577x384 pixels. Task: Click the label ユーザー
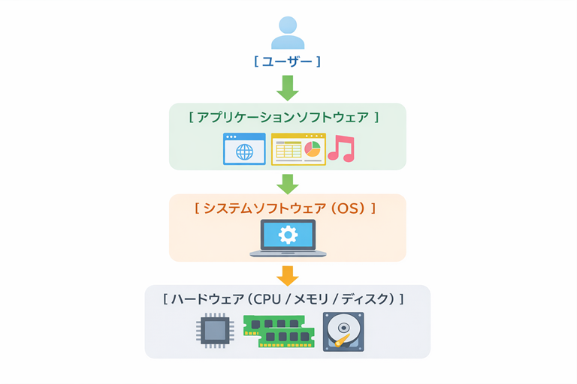(x=288, y=61)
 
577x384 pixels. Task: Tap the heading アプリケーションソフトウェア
(x=283, y=118)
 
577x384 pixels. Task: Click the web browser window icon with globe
(x=244, y=148)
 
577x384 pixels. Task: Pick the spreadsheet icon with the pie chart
(x=298, y=148)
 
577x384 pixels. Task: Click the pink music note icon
(x=341, y=148)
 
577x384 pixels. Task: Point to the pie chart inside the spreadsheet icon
(x=312, y=147)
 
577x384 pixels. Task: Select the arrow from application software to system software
(x=288, y=182)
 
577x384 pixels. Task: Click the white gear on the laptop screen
(x=288, y=235)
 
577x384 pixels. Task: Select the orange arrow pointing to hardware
(x=288, y=274)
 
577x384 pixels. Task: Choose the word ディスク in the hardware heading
(x=366, y=298)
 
